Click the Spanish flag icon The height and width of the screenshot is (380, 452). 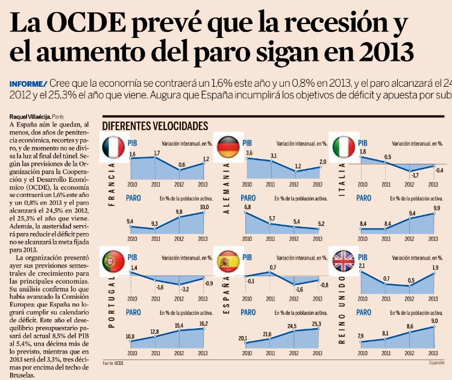tap(227, 261)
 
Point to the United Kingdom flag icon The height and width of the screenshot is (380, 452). tap(342, 261)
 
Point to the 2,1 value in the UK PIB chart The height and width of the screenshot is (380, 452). tap(362, 266)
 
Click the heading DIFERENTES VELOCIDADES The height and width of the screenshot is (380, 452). tap(155, 126)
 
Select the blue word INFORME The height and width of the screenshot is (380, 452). tap(28, 84)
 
